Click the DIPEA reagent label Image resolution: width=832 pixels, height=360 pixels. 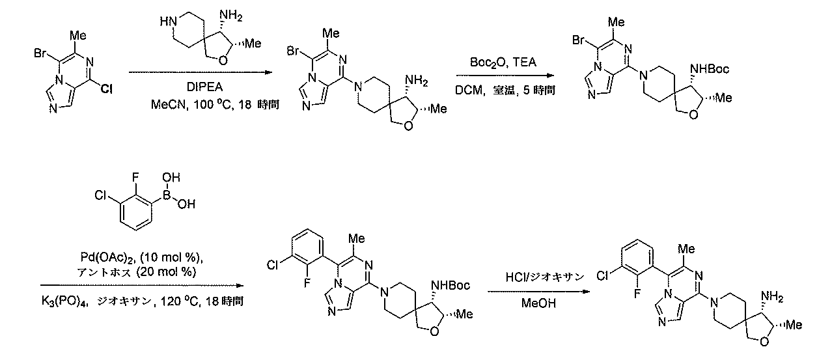pyautogui.click(x=204, y=87)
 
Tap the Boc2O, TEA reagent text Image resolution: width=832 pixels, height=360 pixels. pyautogui.click(x=503, y=62)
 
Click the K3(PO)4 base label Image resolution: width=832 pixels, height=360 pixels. pyautogui.click(x=64, y=301)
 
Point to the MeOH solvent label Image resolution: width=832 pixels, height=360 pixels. pyautogui.click(x=538, y=303)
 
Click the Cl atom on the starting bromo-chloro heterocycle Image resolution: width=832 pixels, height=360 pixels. pyautogui.click(x=107, y=89)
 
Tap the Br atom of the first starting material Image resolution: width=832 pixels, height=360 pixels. pyautogui.click(x=40, y=53)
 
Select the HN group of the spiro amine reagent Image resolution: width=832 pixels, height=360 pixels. pyautogui.click(x=169, y=21)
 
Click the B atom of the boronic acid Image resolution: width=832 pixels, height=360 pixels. pyautogui.click(x=167, y=195)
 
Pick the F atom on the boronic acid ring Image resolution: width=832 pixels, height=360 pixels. pyautogui.click(x=135, y=178)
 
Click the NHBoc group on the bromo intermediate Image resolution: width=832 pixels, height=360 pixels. pyautogui.click(x=710, y=69)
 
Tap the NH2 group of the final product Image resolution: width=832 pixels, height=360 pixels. pyautogui.click(x=772, y=296)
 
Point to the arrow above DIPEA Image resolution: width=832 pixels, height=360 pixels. pyautogui.click(x=201, y=72)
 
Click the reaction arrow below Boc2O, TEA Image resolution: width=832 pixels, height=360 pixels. pyautogui.click(x=505, y=76)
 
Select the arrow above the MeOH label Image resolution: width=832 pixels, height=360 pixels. pyautogui.click(x=538, y=292)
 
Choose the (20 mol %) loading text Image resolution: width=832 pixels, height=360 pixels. pyautogui.click(x=166, y=272)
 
